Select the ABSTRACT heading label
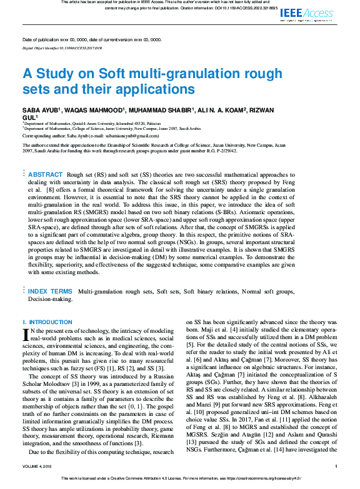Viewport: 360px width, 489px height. pos(46,174)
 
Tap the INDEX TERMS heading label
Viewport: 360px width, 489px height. pos(50,292)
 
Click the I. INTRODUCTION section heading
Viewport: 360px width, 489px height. pos(47,322)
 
